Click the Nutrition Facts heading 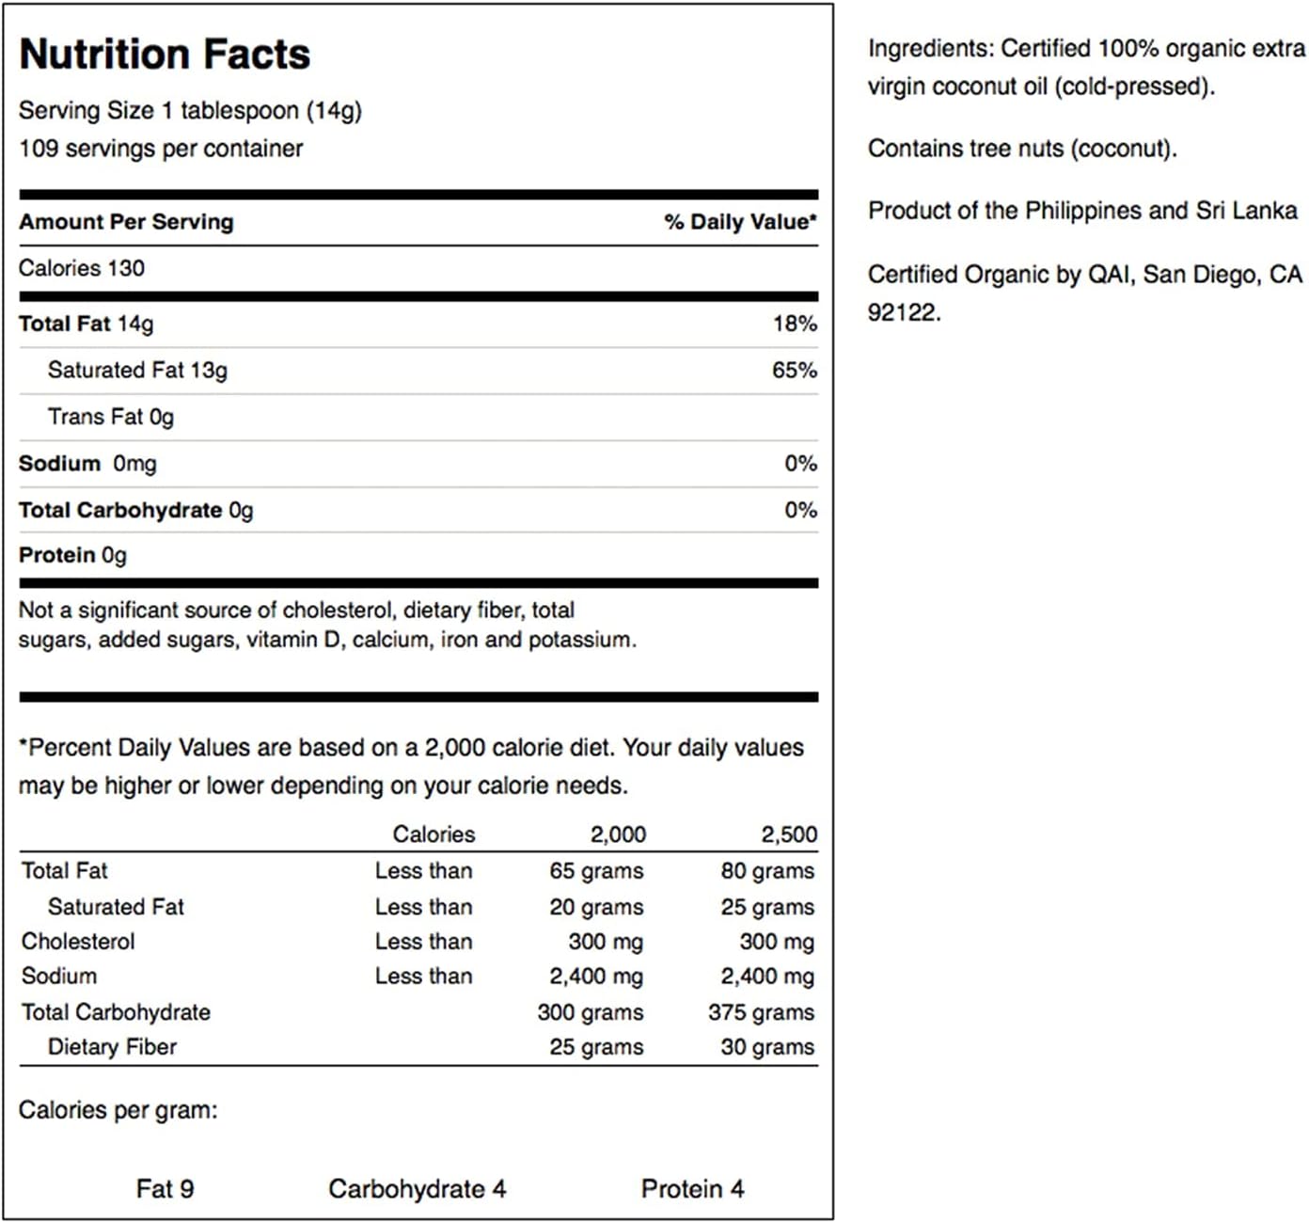point(165,55)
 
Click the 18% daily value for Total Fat point(795,324)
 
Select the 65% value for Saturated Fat point(795,371)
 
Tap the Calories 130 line point(82,268)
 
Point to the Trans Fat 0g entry point(111,417)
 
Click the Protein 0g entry point(72,555)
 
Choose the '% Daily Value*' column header point(740,222)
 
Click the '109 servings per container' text point(161,149)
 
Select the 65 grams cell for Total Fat point(596,871)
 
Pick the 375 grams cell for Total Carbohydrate point(761,1013)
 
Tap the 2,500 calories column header point(789,834)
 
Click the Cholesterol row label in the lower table point(78,942)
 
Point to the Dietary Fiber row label point(112,1047)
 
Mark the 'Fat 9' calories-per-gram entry point(165,1189)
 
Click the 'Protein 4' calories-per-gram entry point(692,1189)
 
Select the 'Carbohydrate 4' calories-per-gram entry point(417,1189)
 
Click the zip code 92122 point(903,312)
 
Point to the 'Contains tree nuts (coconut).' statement point(1022,149)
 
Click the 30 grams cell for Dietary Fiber point(767,1047)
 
